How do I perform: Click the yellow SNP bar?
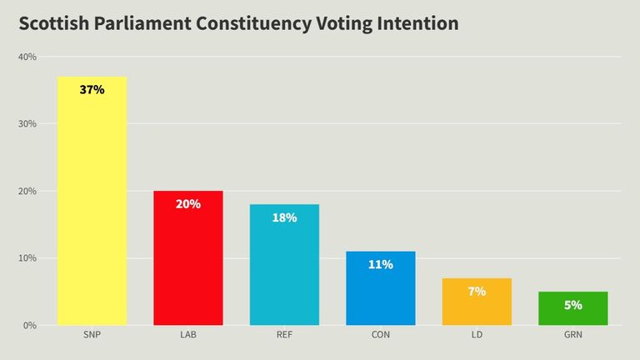[92, 208]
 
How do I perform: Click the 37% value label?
[92, 89]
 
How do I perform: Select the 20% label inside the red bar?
[188, 203]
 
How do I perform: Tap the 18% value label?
[284, 217]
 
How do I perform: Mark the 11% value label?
[381, 264]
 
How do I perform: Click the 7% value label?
[477, 291]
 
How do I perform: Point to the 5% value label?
[572, 305]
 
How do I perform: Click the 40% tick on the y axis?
[27, 57]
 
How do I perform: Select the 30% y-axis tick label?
[27, 124]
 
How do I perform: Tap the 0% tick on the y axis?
[30, 325]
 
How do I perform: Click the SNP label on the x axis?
[92, 336]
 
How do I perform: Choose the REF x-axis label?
[284, 336]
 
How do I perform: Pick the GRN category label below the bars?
[572, 336]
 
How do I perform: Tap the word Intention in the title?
[414, 23]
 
